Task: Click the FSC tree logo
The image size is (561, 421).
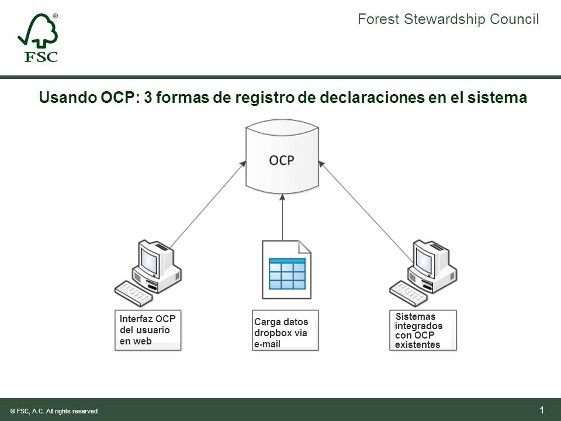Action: click(38, 38)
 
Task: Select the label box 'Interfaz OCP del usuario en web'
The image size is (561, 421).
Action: click(148, 330)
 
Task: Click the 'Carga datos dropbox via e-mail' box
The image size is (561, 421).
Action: click(285, 330)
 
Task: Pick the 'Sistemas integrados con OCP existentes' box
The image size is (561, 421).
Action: click(423, 330)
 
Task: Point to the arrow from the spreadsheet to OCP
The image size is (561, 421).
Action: click(282, 219)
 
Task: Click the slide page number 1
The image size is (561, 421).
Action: click(542, 409)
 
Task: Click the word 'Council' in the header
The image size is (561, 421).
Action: click(515, 19)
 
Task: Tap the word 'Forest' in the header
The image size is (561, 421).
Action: click(378, 19)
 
